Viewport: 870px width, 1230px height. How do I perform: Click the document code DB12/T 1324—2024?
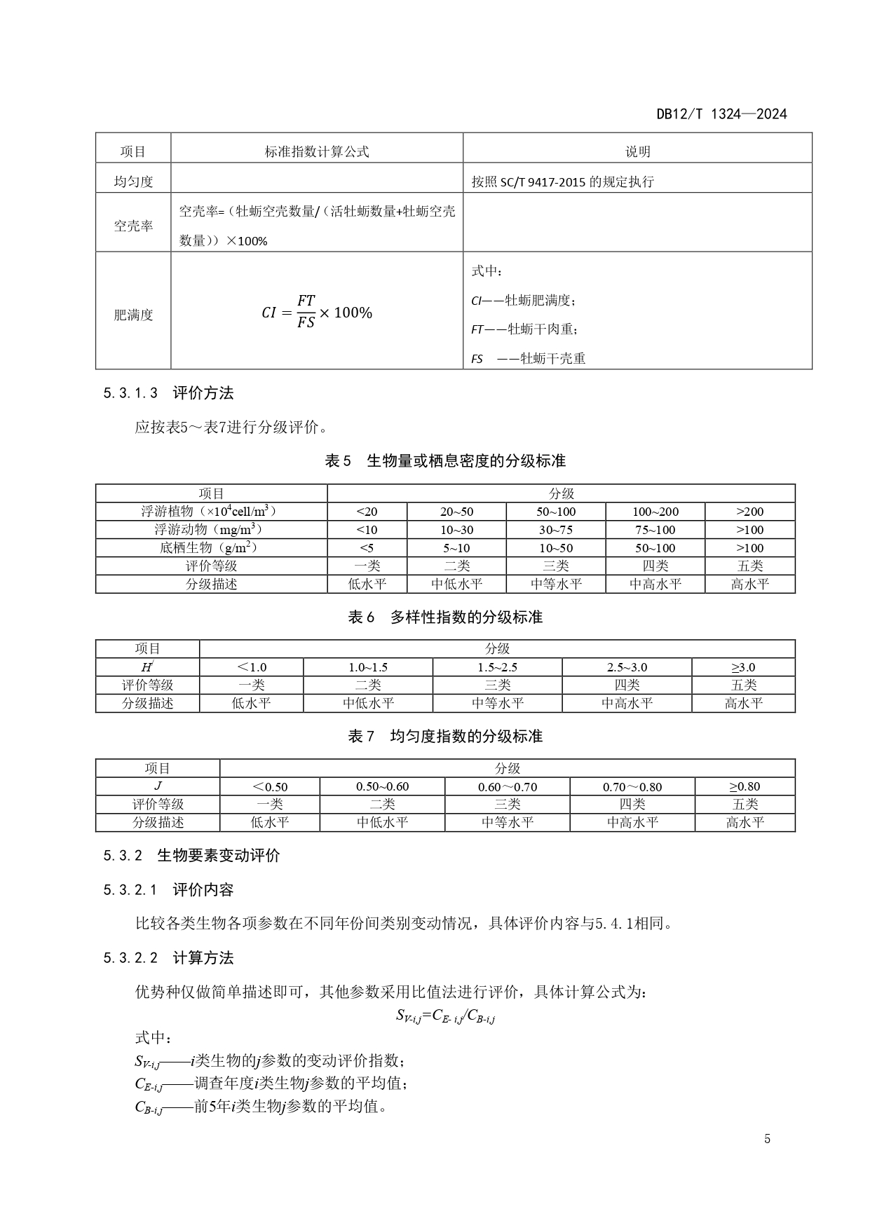click(x=721, y=114)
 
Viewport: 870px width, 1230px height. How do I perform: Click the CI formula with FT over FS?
click(x=317, y=312)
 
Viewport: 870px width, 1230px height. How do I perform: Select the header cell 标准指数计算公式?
click(x=317, y=151)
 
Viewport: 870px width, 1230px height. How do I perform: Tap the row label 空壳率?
click(x=133, y=226)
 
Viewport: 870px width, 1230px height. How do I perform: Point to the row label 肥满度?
click(x=133, y=315)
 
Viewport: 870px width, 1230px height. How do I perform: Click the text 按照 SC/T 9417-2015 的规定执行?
click(x=563, y=182)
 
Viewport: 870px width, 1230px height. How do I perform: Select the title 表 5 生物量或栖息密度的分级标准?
click(x=445, y=461)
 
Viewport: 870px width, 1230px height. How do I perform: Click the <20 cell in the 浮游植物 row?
click(x=367, y=512)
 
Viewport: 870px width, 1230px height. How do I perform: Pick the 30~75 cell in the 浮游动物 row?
click(x=556, y=530)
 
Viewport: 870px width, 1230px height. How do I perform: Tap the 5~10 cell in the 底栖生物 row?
click(x=456, y=548)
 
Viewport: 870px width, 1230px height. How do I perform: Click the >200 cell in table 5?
click(x=749, y=512)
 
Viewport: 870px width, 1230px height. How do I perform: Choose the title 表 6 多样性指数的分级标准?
click(x=445, y=617)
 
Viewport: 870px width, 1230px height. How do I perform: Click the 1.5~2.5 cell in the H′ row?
click(x=497, y=667)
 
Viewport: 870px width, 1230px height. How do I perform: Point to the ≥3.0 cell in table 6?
click(x=743, y=667)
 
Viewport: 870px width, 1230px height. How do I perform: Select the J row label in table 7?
click(x=158, y=786)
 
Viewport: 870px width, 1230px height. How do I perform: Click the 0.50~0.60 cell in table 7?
click(x=382, y=786)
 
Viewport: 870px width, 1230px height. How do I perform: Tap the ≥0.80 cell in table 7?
click(x=745, y=786)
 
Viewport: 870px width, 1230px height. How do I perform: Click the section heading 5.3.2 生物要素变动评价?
click(x=191, y=855)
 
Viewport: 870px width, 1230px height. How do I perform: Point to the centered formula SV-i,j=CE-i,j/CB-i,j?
click(x=445, y=1016)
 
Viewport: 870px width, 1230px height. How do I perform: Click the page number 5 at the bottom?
click(x=767, y=1139)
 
